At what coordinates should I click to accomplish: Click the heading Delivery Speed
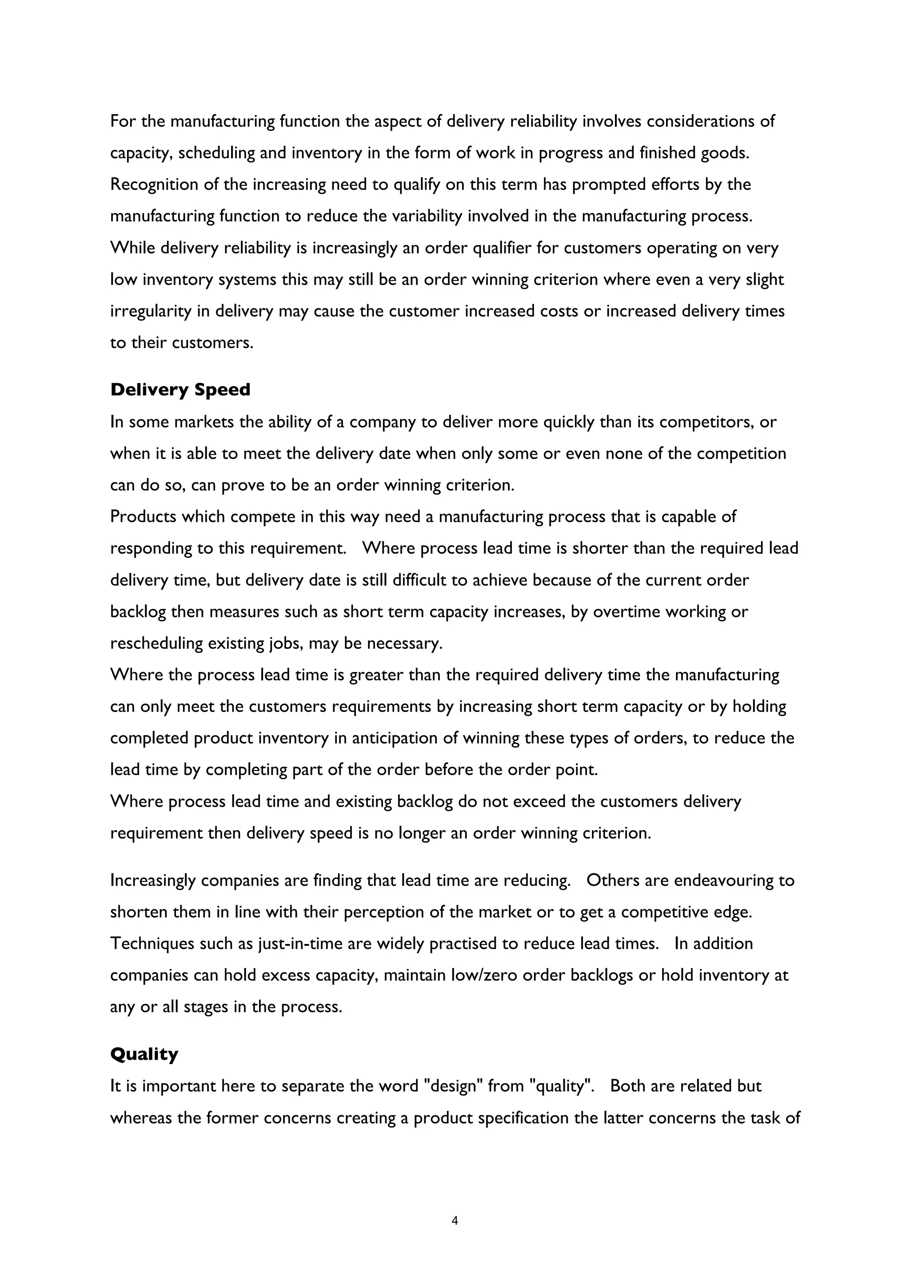click(x=180, y=389)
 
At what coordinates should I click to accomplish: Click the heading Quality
click(x=144, y=1054)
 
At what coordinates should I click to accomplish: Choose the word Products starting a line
click(x=143, y=516)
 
